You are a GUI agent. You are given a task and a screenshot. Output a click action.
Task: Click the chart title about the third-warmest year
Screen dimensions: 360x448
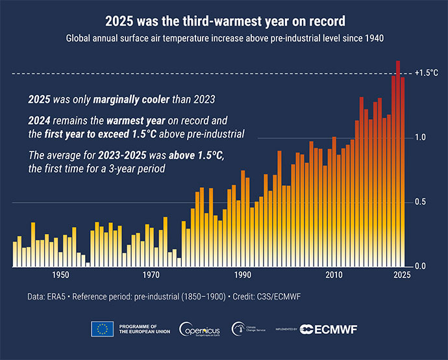(x=224, y=21)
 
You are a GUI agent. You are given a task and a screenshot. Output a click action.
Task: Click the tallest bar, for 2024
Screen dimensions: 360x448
(x=398, y=162)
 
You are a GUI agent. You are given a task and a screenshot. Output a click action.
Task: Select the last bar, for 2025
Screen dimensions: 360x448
(x=403, y=172)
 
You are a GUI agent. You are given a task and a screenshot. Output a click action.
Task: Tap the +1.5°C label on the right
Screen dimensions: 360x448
(x=426, y=73)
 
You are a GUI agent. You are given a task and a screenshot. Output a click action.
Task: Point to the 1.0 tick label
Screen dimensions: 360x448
(x=420, y=138)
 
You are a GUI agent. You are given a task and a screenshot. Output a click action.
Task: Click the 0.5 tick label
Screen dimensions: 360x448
(x=420, y=202)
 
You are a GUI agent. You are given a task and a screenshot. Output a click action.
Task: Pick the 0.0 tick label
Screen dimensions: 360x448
(x=420, y=266)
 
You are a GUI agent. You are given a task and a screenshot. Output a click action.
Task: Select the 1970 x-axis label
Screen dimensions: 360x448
(x=152, y=276)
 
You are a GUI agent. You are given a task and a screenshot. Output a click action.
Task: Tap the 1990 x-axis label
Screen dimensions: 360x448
(x=243, y=276)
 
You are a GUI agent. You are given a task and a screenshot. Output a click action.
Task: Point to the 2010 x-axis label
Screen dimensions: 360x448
(x=334, y=276)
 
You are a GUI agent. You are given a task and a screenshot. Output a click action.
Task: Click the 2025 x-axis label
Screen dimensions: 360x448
(x=401, y=276)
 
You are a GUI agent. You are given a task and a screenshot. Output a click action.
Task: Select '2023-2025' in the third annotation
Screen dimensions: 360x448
(x=108, y=156)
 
